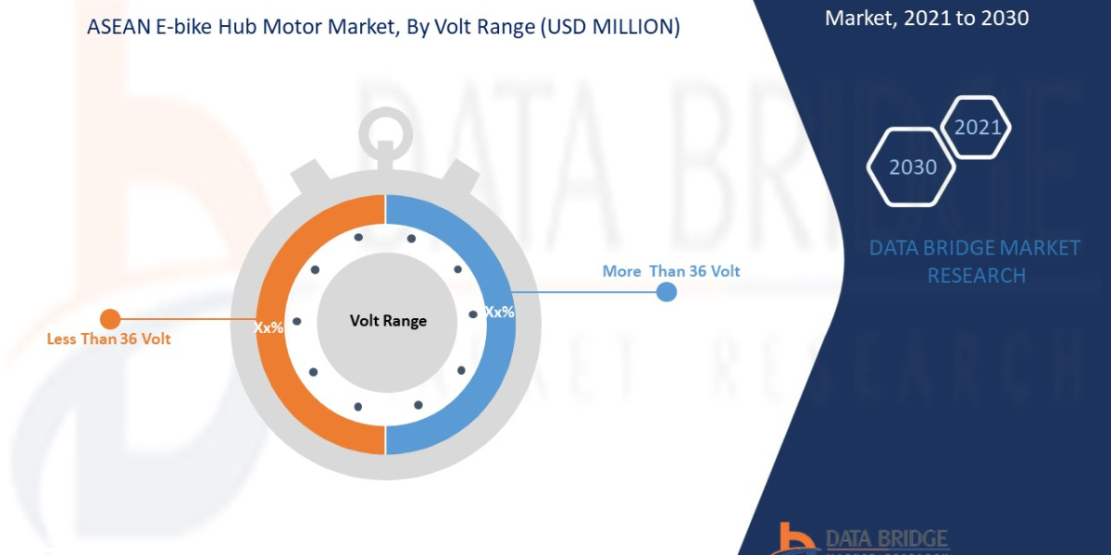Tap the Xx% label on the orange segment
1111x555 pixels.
click(268, 327)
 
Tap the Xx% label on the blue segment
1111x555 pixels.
click(499, 312)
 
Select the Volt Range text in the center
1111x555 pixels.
click(388, 321)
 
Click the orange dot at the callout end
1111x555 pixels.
click(109, 319)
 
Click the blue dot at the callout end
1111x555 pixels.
click(667, 292)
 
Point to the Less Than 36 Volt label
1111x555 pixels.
click(109, 339)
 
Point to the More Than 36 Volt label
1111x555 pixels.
click(671, 271)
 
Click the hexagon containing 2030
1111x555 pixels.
click(912, 167)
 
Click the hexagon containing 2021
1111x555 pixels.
click(978, 127)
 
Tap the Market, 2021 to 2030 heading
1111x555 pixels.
click(926, 17)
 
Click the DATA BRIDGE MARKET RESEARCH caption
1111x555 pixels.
click(976, 261)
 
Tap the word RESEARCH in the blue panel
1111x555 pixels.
click(976, 275)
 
